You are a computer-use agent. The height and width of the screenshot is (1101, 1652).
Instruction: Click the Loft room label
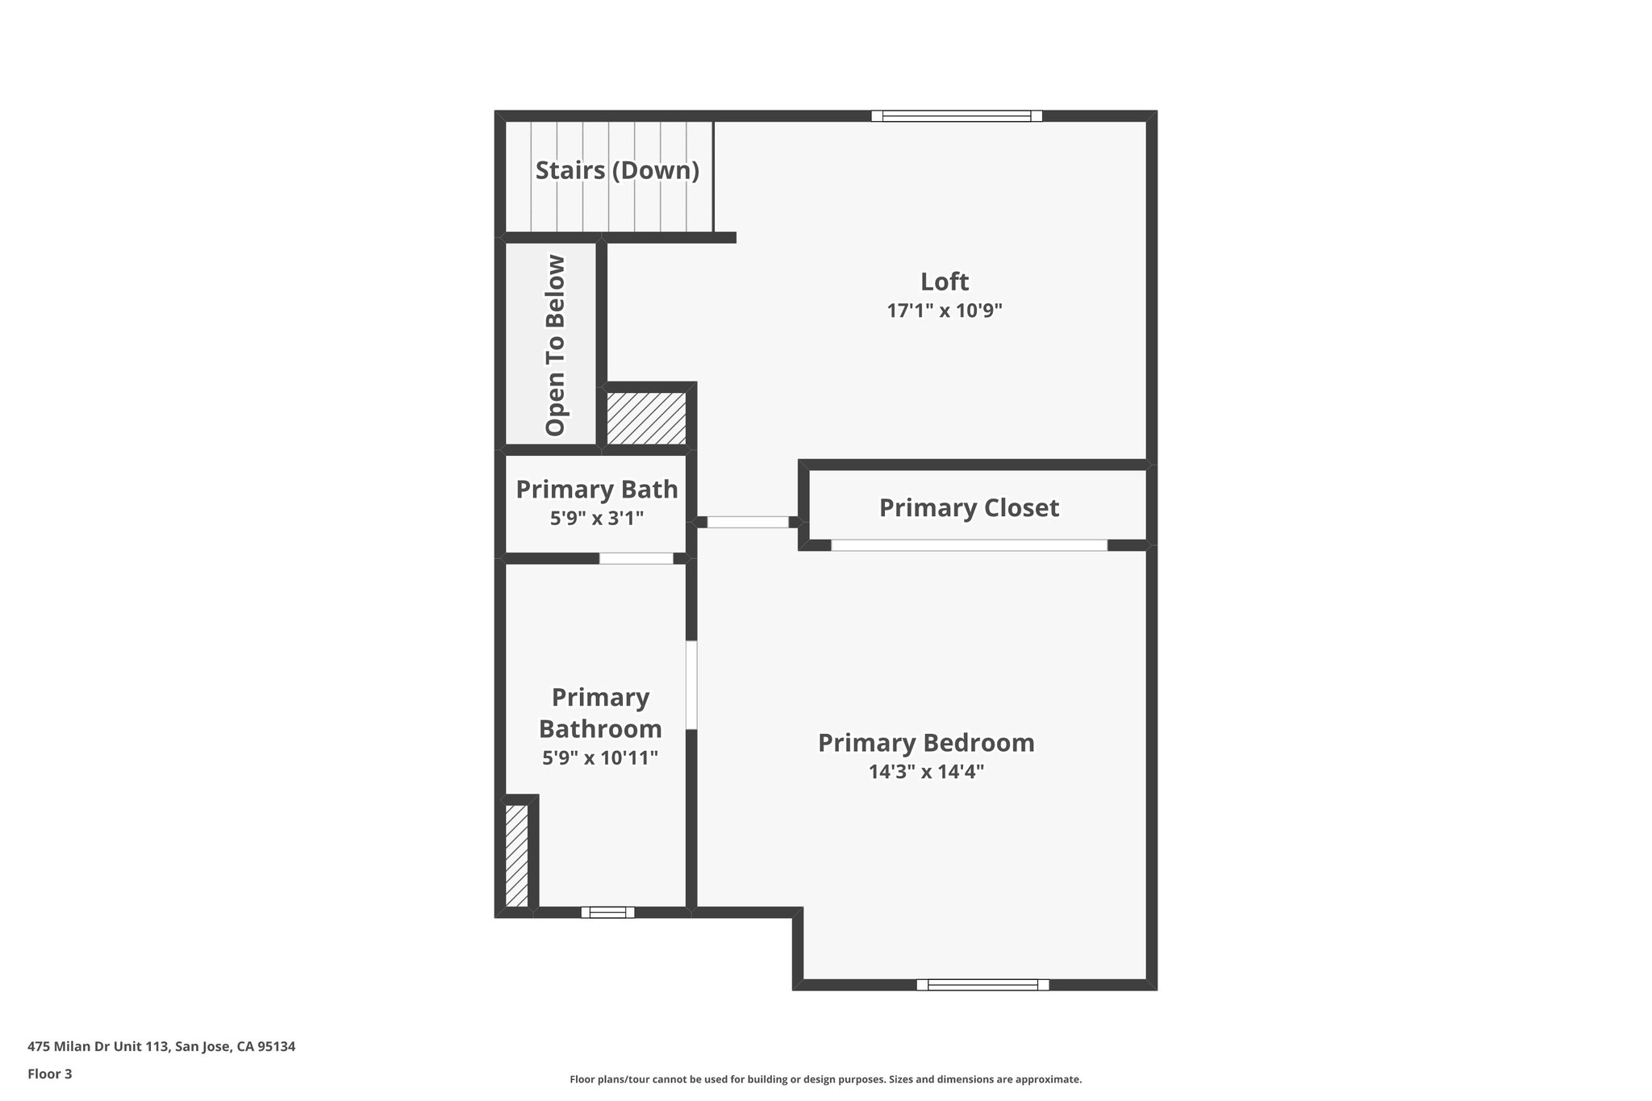945,282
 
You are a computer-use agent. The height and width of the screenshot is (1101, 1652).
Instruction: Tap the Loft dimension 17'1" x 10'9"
945,311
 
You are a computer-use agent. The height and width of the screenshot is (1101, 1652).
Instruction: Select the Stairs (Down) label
617,170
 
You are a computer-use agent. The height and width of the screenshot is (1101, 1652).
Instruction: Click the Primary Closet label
969,507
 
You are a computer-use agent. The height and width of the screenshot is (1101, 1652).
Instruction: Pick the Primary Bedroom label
926,743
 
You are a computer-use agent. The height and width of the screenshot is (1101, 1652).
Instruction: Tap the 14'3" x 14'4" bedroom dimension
926,772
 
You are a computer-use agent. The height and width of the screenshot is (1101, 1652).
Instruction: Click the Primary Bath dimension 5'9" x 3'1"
597,519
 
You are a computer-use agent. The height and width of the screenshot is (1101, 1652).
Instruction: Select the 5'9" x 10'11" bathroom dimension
600,758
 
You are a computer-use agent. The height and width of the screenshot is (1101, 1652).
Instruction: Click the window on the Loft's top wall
957,116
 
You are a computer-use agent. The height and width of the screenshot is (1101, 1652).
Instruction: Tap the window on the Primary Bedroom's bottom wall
982,984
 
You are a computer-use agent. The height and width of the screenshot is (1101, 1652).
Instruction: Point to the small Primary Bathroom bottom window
607,912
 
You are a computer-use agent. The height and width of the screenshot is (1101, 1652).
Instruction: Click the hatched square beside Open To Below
646,418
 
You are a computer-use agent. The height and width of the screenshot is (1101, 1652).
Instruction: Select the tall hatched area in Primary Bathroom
516,855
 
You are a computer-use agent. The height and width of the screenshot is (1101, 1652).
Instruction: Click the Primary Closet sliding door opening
969,545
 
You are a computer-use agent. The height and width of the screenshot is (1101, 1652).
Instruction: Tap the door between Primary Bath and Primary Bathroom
636,558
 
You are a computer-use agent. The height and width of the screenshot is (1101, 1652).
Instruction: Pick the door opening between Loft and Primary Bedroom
748,522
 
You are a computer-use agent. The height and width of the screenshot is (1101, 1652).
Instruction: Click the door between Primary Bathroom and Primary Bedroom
691,685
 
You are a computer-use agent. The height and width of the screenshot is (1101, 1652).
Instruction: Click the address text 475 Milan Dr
161,1047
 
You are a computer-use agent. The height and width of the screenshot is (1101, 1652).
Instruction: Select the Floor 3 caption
50,1074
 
